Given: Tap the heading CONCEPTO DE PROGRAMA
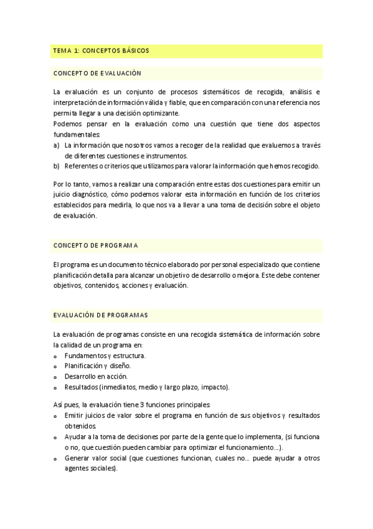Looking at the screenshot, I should (96, 245).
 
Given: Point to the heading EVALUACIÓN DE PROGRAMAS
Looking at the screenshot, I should (100, 314).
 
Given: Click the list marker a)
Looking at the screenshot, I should (57, 145).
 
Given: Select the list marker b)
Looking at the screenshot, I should (57, 166).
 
